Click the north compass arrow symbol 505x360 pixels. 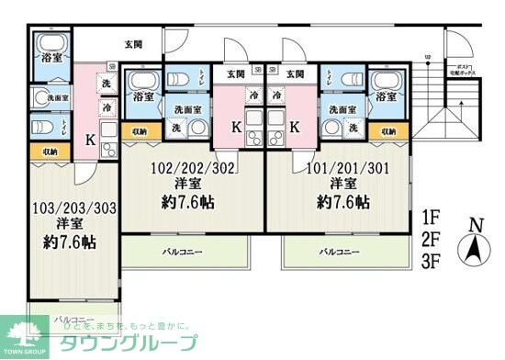click(474, 248)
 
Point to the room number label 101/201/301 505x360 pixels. click(336, 168)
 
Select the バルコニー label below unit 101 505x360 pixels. click(340, 251)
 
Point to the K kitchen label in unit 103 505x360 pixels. click(89, 140)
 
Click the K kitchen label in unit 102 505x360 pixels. click(236, 129)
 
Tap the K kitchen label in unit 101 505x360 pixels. click(294, 129)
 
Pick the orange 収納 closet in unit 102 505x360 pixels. click(138, 131)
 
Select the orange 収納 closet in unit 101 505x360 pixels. click(389, 131)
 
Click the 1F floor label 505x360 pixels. click(432, 219)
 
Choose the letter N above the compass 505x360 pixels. click(474, 224)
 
